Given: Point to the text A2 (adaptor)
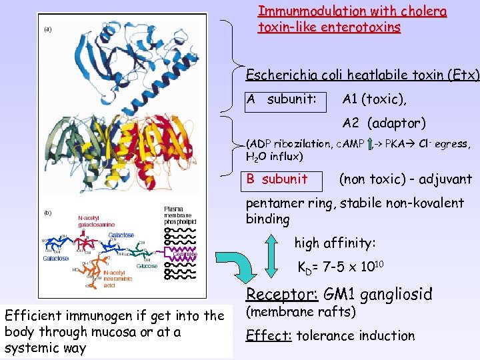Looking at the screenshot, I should [x=384, y=123].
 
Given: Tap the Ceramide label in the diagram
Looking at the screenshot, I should [x=184, y=253].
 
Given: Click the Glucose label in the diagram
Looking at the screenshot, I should [x=147, y=266].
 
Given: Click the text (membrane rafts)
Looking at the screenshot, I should [x=301, y=312].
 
